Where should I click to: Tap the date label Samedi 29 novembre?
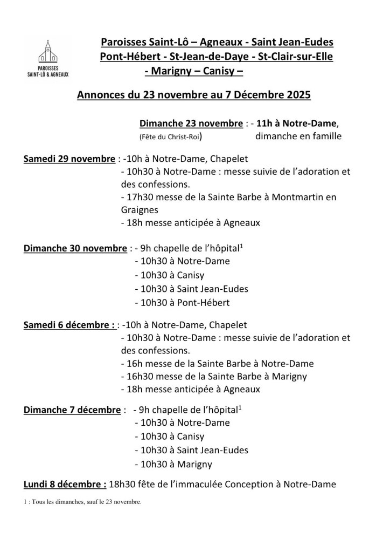69,159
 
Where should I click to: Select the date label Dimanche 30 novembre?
75,249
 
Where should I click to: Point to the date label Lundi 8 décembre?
65,484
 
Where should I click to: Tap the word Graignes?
139,210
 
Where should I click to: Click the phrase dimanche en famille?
298,136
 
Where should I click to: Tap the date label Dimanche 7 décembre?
72,410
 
